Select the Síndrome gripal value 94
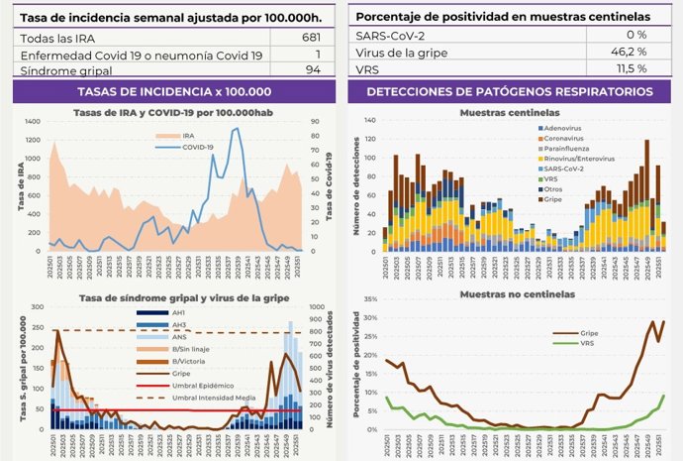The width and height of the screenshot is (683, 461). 312,70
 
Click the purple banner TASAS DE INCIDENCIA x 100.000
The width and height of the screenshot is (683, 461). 173,91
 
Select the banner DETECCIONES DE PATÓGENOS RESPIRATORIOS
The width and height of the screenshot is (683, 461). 509,91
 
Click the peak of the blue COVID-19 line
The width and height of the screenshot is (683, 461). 236,128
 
